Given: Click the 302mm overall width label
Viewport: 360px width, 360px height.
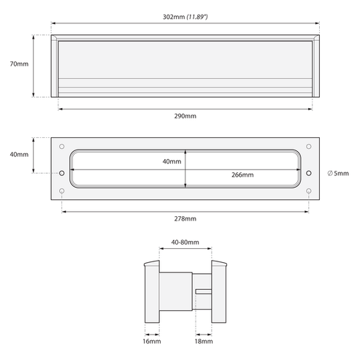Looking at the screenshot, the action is click(174, 17).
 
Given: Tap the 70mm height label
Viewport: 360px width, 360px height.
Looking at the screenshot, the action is click(19, 64).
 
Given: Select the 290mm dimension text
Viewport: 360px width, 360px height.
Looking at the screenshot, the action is click(185, 116).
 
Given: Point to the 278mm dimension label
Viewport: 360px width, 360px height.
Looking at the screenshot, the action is click(185, 218).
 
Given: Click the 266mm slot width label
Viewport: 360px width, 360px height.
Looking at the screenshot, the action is click(242, 175).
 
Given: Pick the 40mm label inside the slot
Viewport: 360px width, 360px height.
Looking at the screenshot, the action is click(172, 161).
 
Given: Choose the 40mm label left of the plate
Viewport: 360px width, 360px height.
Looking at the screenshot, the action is click(19, 154).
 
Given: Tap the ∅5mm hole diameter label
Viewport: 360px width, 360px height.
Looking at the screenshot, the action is click(338, 173).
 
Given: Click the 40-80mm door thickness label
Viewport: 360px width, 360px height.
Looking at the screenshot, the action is click(185, 242).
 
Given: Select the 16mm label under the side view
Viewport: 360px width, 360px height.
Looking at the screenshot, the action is click(152, 341).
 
